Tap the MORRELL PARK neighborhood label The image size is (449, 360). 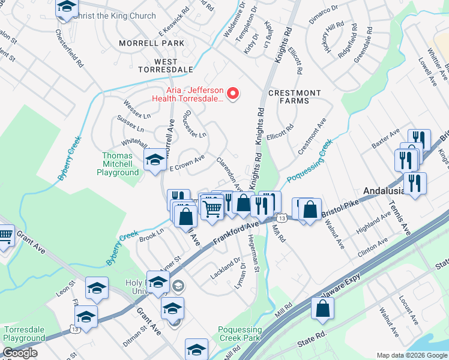tap(151, 43)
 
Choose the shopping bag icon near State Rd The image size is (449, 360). tap(323, 308)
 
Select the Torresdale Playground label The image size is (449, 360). tap(24, 334)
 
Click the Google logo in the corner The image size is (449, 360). tap(20, 353)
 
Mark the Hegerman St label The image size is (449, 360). tap(255, 254)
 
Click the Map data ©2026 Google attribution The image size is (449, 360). tap(412, 355)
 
